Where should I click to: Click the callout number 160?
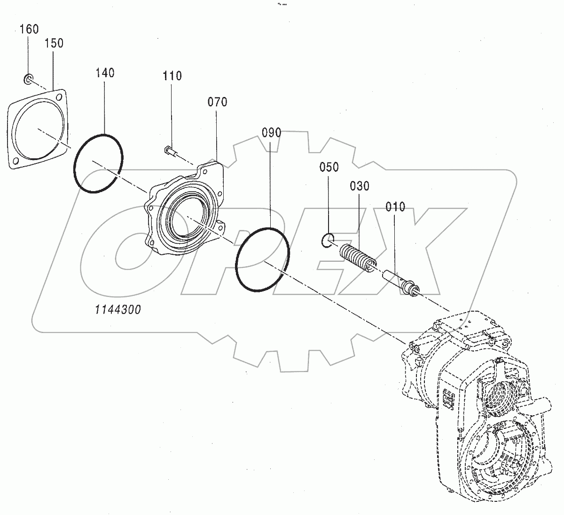click(x=29, y=29)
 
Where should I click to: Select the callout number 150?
click(x=54, y=43)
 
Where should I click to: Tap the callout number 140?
click(x=105, y=73)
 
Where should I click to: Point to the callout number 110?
click(x=172, y=76)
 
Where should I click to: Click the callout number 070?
click(x=217, y=102)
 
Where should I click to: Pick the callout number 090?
click(x=271, y=133)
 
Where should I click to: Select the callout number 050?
click(x=329, y=168)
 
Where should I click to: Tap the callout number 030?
click(x=359, y=186)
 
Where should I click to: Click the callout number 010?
click(x=395, y=207)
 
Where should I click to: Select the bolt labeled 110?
click(x=169, y=151)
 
